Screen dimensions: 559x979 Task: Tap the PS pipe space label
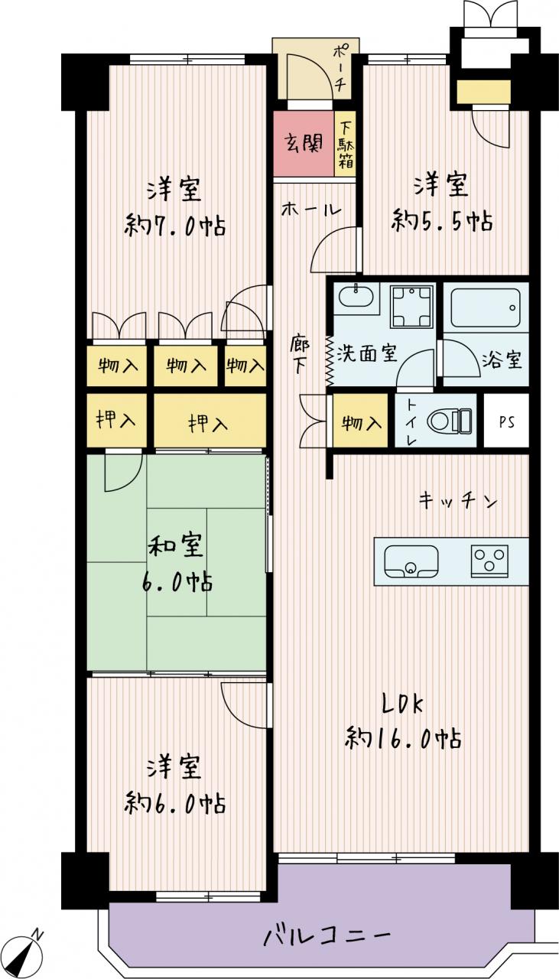pyautogui.click(x=506, y=422)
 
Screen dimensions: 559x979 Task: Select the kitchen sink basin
pyautogui.click(x=411, y=561)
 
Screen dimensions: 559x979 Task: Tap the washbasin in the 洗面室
pyautogui.click(x=356, y=298)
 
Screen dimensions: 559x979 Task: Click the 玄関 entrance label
pyautogui.click(x=304, y=143)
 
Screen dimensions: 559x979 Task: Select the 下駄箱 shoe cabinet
pyautogui.click(x=345, y=145)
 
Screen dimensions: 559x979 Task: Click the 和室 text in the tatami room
pyautogui.click(x=176, y=546)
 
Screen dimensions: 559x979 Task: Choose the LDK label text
pyautogui.click(x=402, y=705)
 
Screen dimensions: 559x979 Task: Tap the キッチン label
pyautogui.click(x=457, y=500)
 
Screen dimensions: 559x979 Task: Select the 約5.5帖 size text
pyautogui.click(x=442, y=221)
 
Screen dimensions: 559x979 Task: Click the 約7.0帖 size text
pyautogui.click(x=175, y=226)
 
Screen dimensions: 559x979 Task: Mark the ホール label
pyautogui.click(x=310, y=210)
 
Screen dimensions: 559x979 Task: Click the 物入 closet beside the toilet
pyautogui.click(x=361, y=421)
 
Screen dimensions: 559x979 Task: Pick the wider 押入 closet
pyautogui.click(x=210, y=421)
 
